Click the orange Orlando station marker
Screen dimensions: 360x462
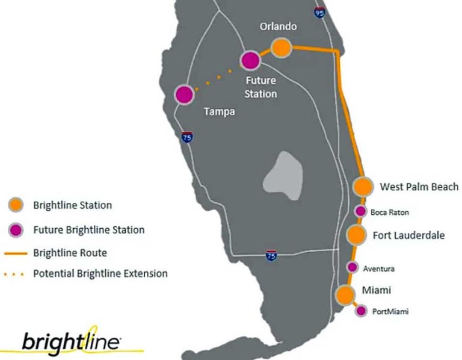pyautogui.click(x=282, y=48)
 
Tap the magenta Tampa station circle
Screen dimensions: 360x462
pyautogui.click(x=185, y=95)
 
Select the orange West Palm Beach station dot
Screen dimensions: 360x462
pyautogui.click(x=363, y=187)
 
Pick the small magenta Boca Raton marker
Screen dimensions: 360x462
pyautogui.click(x=360, y=211)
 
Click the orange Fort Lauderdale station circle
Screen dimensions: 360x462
pyautogui.click(x=356, y=235)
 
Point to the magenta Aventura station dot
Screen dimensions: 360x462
pyautogui.click(x=353, y=267)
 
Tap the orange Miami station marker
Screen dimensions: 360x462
pyautogui.click(x=345, y=295)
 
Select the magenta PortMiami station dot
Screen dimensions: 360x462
pyautogui.click(x=361, y=311)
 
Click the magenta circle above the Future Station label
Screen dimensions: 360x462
pyautogui.click(x=250, y=60)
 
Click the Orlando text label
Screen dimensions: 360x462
pyautogui.click(x=278, y=26)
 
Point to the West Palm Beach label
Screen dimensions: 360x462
pyautogui.click(x=419, y=187)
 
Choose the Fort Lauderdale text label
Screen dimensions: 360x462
pyautogui.click(x=408, y=235)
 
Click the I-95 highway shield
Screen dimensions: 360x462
pyautogui.click(x=320, y=11)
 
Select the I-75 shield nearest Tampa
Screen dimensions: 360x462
pyautogui.click(x=187, y=137)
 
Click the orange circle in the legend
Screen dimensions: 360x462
pyautogui.click(x=16, y=205)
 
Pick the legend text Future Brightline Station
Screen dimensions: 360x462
pyautogui.click(x=89, y=229)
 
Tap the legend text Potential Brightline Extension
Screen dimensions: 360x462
pyautogui.click(x=100, y=273)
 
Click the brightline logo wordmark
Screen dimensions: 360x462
pyautogui.click(x=71, y=341)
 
